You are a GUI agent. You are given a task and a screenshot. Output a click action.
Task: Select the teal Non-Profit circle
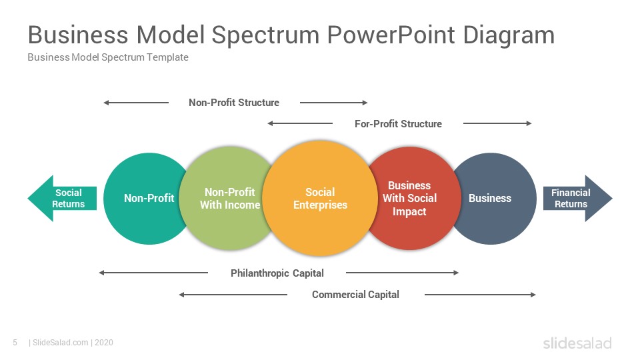143,199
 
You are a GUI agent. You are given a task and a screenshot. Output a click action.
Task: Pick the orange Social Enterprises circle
320,199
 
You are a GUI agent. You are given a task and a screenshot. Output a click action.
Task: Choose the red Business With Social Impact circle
412,199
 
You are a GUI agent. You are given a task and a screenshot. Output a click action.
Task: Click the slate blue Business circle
494,199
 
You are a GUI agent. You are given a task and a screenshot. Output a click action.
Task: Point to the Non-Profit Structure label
234,103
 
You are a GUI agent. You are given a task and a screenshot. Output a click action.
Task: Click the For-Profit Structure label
399,124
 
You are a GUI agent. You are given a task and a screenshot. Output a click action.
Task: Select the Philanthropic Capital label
277,273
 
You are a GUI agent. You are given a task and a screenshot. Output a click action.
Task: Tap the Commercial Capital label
355,294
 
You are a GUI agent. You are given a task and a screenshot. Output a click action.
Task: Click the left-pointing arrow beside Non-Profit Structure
136,103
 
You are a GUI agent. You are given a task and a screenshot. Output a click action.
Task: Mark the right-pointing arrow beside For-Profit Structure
497,123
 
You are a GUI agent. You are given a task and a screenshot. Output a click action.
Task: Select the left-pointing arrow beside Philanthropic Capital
153,273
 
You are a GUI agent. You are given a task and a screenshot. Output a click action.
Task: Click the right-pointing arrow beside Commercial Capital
480,294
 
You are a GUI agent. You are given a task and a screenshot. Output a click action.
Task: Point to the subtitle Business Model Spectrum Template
108,57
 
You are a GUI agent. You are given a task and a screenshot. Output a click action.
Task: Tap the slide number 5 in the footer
15,343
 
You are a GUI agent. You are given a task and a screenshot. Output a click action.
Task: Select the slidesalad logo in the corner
577,343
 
